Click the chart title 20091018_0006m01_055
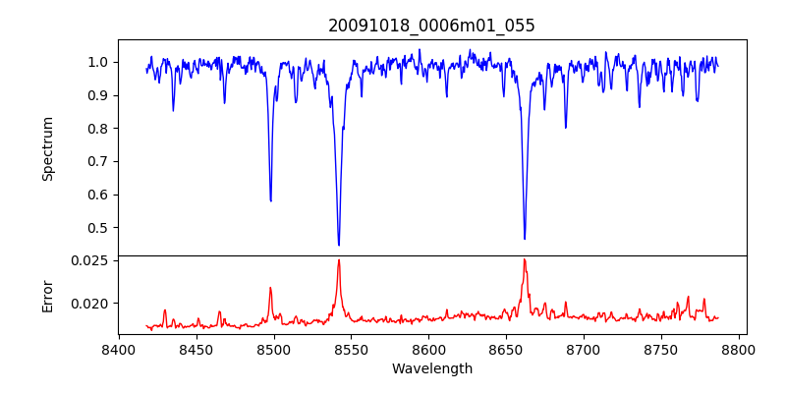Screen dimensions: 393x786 point(431,26)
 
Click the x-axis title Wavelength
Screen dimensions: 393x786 point(431,369)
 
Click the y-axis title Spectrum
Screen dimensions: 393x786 point(47,148)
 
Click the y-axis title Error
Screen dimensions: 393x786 point(47,295)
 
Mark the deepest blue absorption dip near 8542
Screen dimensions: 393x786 point(339,245)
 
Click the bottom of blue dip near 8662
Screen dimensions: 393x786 point(525,238)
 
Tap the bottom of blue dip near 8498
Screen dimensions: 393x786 point(271,200)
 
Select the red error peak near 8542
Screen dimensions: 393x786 point(339,260)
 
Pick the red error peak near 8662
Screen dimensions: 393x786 point(525,259)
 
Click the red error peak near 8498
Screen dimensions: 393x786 point(271,288)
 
